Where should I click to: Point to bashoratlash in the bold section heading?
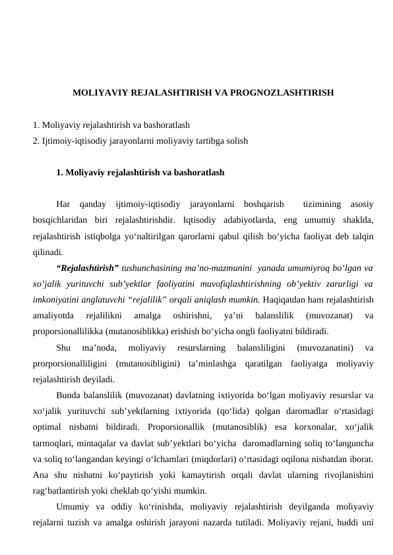pos(198,173)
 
